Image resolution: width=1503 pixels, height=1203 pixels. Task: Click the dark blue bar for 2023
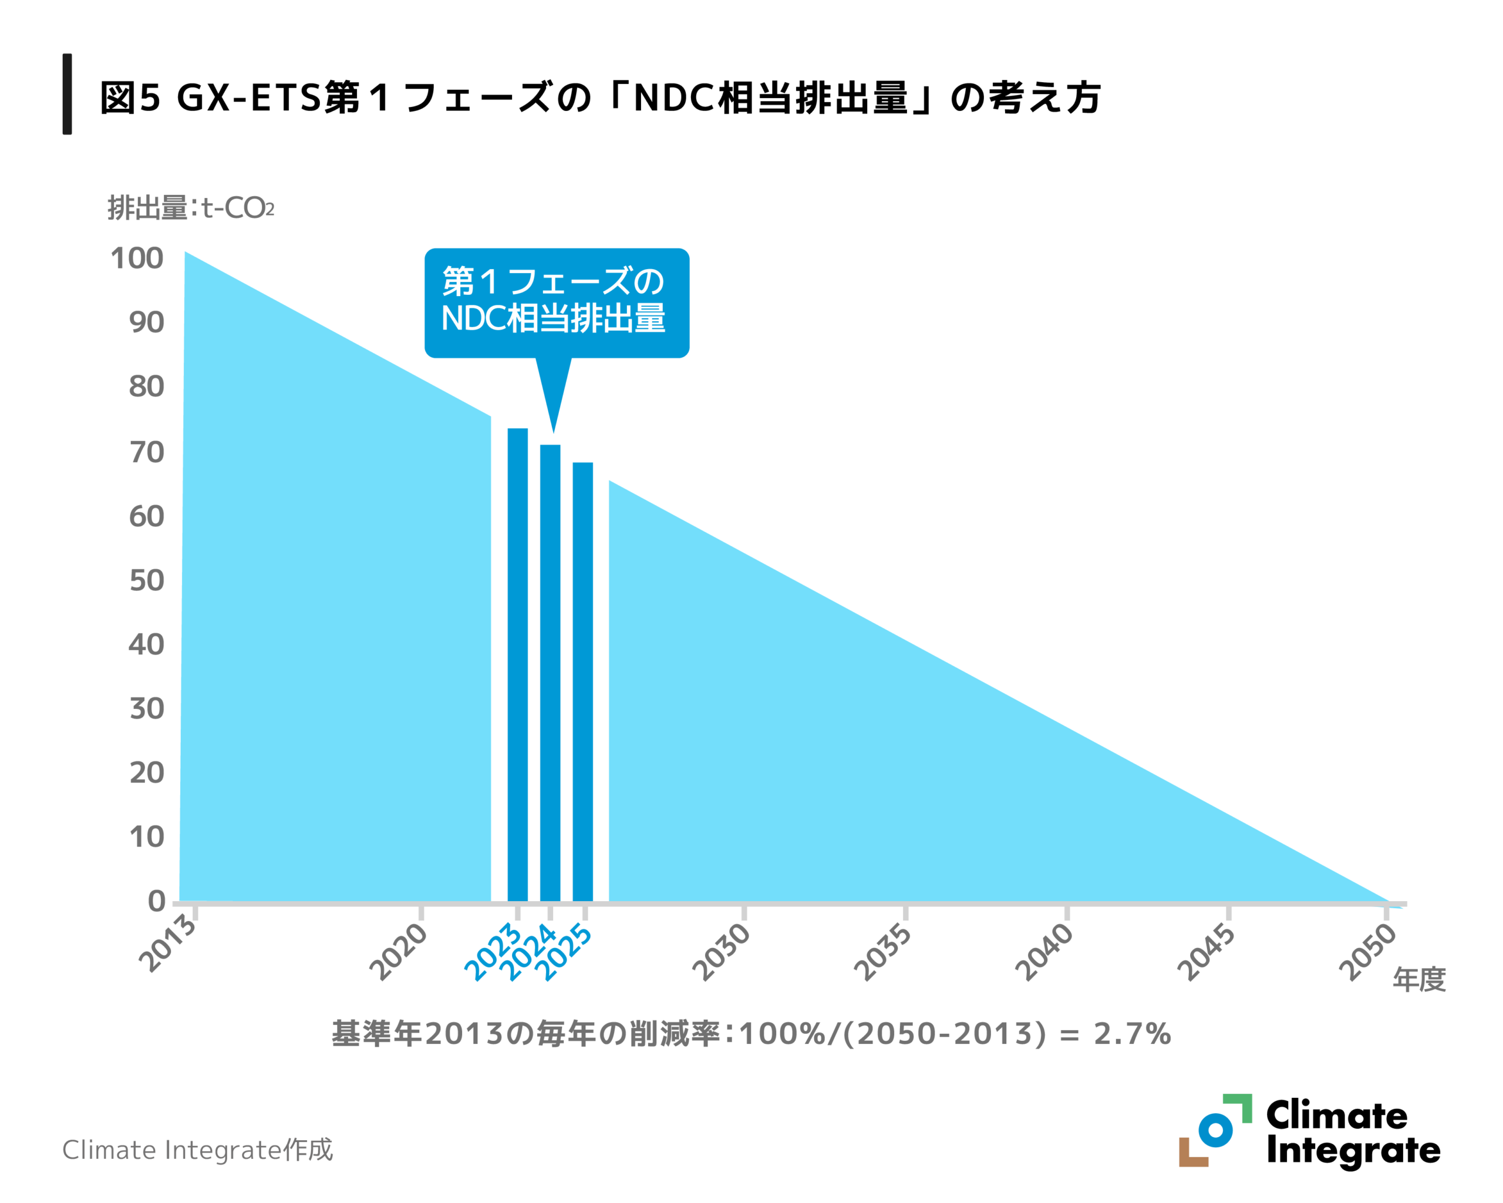[517, 663]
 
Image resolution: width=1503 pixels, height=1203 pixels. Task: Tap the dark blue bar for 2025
[583, 680]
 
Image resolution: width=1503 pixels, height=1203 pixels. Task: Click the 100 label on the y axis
[137, 258]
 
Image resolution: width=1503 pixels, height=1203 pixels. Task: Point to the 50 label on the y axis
[146, 580]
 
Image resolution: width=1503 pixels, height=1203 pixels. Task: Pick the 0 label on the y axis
[156, 901]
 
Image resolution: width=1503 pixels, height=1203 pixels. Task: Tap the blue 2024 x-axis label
[528, 953]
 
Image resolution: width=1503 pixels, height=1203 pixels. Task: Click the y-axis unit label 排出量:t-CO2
[190, 208]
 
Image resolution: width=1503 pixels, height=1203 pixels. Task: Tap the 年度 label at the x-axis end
[1418, 980]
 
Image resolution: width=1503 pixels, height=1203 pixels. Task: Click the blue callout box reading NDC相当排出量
[557, 303]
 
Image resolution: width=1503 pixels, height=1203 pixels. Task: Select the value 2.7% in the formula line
[1132, 1033]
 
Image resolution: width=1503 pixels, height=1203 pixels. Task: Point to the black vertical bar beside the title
[67, 93]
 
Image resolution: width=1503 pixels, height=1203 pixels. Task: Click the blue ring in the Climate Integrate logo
[1215, 1130]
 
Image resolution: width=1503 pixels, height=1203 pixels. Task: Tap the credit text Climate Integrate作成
[197, 1150]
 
